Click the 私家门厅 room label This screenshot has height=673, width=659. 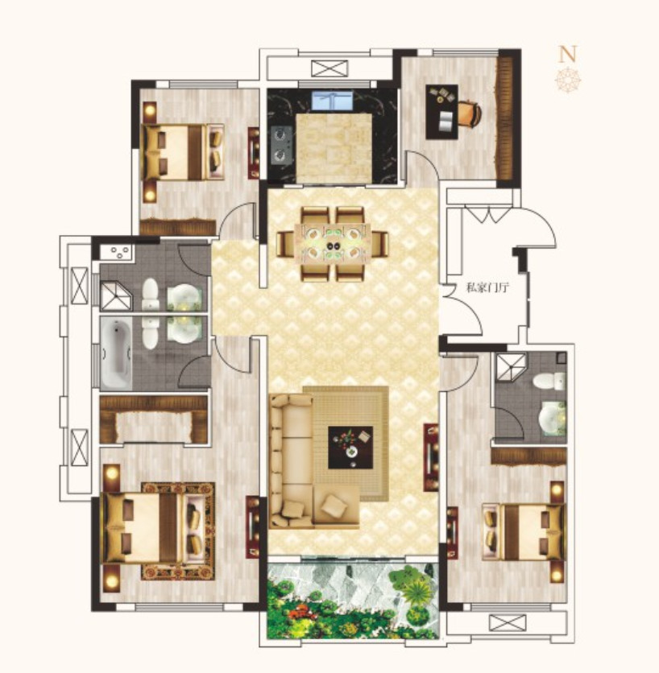click(x=487, y=287)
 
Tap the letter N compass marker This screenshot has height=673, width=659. click(x=567, y=54)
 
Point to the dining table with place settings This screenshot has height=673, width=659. click(x=332, y=245)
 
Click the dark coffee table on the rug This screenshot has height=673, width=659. click(x=350, y=448)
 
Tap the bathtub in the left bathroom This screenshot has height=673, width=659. click(x=116, y=353)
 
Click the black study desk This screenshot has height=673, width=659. click(x=441, y=112)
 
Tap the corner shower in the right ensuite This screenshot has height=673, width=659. click(x=511, y=366)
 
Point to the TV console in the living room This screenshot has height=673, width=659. click(x=431, y=457)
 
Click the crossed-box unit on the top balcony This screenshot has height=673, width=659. click(x=329, y=68)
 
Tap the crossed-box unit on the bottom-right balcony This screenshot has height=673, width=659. click(x=508, y=622)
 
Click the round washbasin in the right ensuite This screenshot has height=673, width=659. click(x=553, y=417)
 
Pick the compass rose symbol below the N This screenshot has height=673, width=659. click(x=568, y=79)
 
